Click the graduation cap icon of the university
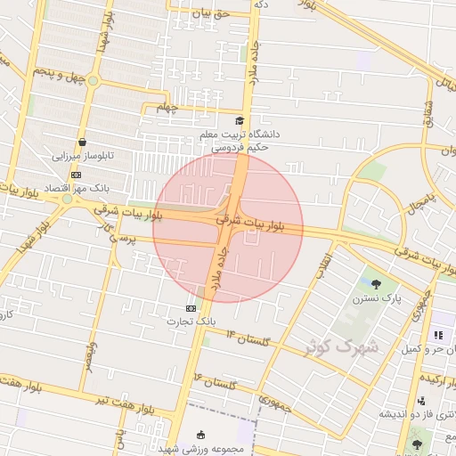(x=238, y=120)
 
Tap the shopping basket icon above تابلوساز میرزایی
(x=82, y=141)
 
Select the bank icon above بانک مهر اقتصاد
(x=76, y=175)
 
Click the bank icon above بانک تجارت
(x=190, y=307)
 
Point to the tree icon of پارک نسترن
(x=377, y=286)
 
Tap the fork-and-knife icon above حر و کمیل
(x=437, y=335)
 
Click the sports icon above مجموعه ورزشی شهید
(x=201, y=435)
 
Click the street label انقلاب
(x=325, y=259)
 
